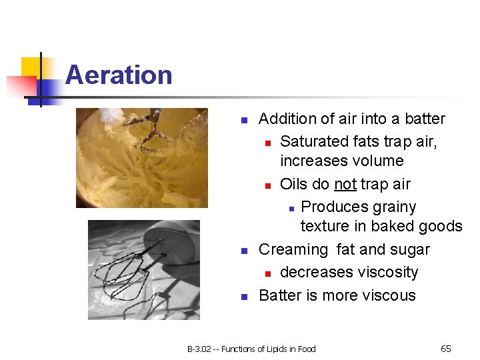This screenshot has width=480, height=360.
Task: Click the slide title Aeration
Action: (x=119, y=75)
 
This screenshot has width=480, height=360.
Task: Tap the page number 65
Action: (x=446, y=349)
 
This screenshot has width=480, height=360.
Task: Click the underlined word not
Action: (x=345, y=184)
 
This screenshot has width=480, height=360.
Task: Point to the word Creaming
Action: (x=293, y=250)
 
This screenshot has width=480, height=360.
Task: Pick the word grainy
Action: (x=392, y=207)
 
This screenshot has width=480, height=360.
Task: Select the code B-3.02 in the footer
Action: (x=198, y=349)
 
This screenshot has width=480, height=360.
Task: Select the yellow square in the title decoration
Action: (x=31, y=67)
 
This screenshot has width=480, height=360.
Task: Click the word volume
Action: (x=375, y=161)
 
